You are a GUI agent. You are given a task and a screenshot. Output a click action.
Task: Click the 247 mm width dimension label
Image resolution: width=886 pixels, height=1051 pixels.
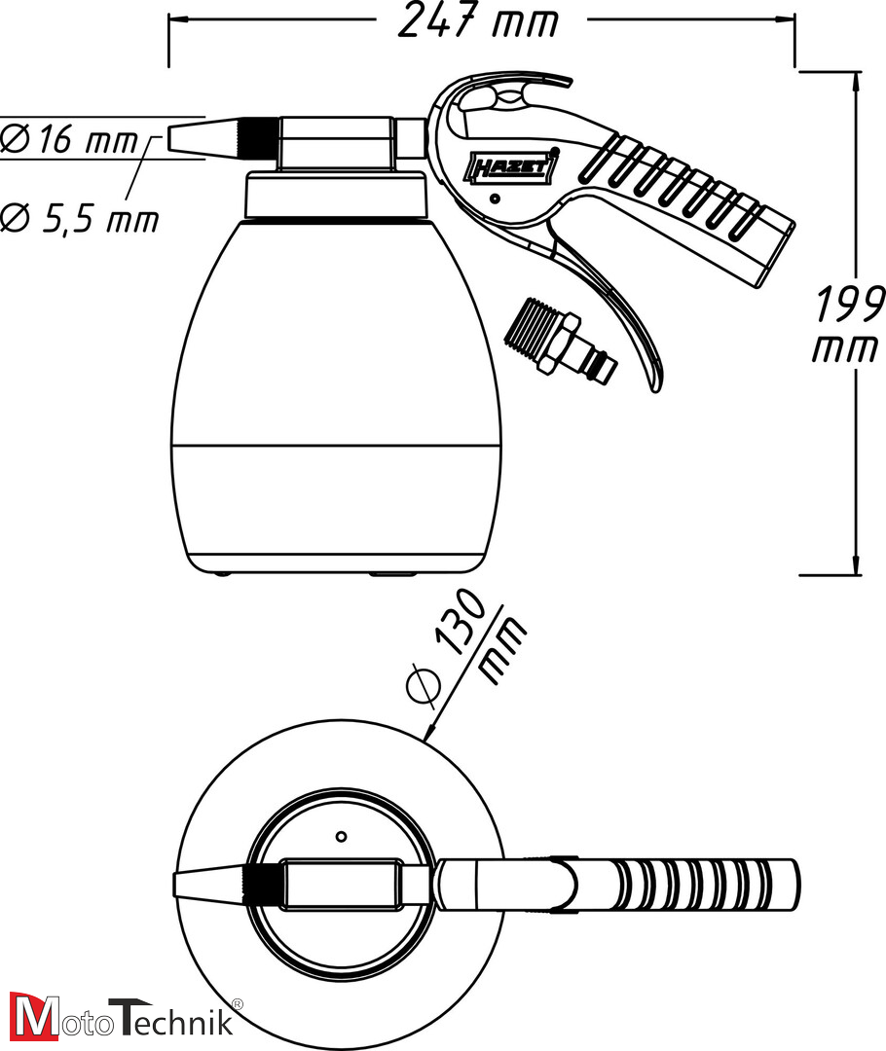(479, 21)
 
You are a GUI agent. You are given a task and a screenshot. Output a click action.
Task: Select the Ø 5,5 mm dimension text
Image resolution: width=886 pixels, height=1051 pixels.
(80, 219)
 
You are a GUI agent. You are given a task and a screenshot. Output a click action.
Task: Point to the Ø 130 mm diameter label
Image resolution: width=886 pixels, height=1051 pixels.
(465, 647)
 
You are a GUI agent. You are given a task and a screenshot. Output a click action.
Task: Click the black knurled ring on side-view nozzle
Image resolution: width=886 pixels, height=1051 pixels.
(255, 137)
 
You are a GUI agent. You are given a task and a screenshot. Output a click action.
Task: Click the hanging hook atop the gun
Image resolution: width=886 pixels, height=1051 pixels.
(506, 92)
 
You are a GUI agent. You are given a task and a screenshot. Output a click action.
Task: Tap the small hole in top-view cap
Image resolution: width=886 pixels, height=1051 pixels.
(340, 836)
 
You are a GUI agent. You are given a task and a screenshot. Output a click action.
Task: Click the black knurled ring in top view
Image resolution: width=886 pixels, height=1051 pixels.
(261, 883)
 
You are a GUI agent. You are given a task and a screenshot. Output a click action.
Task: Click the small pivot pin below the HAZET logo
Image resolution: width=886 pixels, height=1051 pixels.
(496, 199)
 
